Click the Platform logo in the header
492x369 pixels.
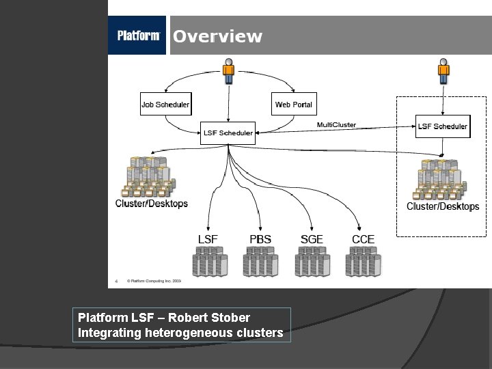click(138, 36)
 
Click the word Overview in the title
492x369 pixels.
click(217, 37)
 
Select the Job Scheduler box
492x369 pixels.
click(165, 105)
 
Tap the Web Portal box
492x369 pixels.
click(293, 105)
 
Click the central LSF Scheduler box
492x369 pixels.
click(228, 133)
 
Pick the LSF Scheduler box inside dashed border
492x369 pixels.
click(443, 126)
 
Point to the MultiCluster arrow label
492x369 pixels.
click(336, 125)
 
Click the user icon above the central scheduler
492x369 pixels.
click(228, 71)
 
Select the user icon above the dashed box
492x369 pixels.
click(443, 71)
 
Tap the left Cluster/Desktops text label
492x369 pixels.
click(151, 204)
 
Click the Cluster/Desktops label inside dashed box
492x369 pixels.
click(443, 206)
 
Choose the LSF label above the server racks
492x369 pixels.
click(208, 239)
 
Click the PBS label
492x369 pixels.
click(260, 239)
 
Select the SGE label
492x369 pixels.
click(312, 239)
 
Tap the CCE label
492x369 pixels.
click(363, 239)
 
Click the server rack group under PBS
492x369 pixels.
click(260, 261)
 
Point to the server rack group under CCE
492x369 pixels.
click(363, 261)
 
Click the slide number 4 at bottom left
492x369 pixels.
click(116, 280)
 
